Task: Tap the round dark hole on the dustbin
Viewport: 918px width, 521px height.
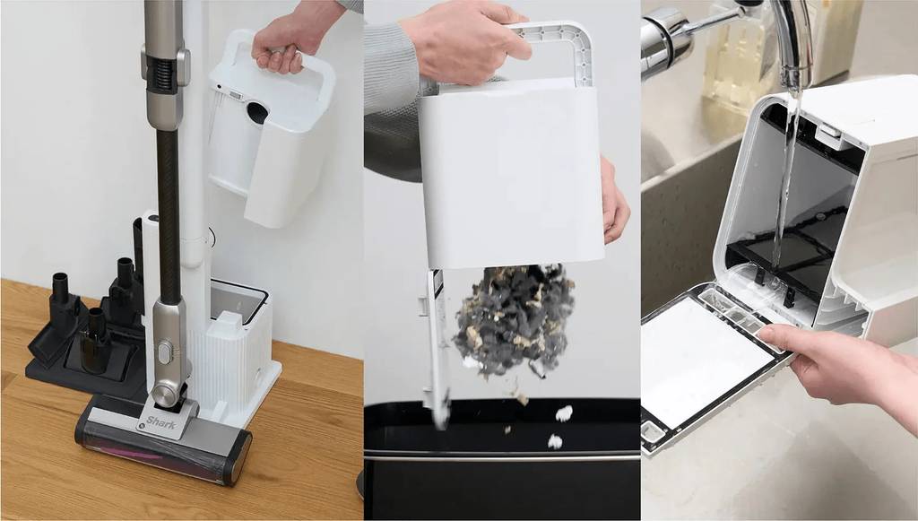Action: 257,113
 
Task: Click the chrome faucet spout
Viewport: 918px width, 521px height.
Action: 792,41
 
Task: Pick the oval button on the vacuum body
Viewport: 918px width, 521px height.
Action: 165,353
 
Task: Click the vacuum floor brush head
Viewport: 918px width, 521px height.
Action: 164,436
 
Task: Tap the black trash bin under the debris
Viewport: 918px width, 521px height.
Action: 502,459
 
